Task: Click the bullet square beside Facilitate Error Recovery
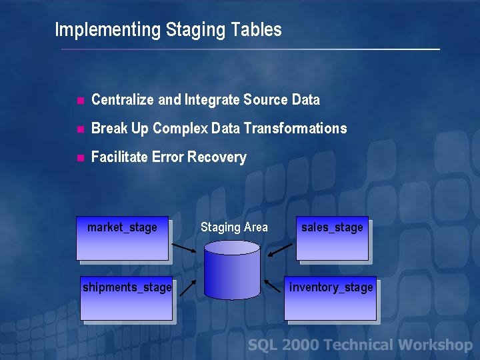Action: pos(79,158)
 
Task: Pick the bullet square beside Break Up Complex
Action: pos(79,129)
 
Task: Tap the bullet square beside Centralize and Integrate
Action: pos(79,101)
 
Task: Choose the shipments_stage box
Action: pos(127,299)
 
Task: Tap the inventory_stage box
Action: pos(331,299)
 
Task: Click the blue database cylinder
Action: pos(231,270)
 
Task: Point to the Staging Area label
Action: pos(234,227)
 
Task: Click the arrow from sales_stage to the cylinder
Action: pos(281,250)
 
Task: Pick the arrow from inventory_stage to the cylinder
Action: pos(273,286)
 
